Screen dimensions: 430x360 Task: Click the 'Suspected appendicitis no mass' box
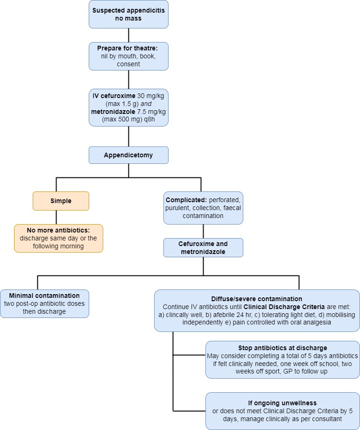128,14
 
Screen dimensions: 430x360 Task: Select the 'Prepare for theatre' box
128,56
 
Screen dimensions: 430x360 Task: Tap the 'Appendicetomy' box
128,155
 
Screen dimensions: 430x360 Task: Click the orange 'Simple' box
61,201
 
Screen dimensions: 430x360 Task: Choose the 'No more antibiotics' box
58,238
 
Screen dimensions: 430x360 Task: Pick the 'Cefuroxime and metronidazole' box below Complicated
203,247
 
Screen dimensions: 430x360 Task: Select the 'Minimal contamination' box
44,303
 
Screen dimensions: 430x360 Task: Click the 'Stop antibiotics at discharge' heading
282,348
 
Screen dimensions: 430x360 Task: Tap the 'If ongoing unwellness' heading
282,403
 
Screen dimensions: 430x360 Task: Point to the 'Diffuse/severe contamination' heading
257,299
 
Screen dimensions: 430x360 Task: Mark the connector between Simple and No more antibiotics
56,217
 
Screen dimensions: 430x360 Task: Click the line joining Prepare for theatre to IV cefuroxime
128,79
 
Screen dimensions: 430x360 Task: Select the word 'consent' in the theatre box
128,64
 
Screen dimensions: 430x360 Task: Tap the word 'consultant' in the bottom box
328,419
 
